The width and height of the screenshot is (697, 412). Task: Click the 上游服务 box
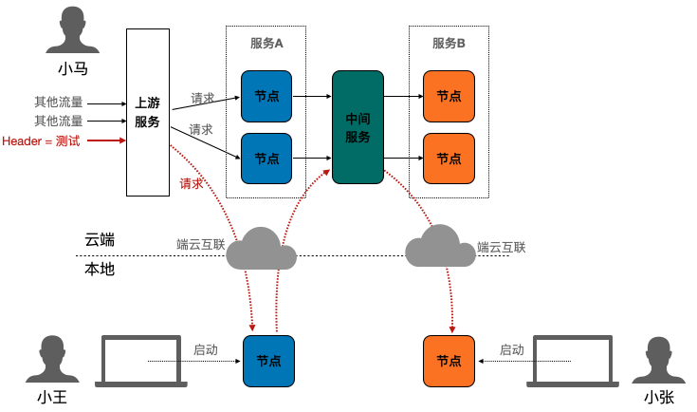(x=147, y=113)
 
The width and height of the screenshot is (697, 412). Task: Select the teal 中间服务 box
(x=358, y=126)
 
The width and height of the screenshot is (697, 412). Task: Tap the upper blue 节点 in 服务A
(x=266, y=96)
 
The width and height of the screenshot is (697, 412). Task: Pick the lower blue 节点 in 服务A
(x=266, y=159)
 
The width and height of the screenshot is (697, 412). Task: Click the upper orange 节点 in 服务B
(x=449, y=96)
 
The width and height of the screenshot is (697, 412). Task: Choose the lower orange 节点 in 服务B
(x=449, y=159)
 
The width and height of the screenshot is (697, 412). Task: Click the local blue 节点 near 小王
(x=268, y=361)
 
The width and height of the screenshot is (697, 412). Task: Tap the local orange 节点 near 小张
(x=449, y=361)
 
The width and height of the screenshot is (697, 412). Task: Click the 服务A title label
(x=266, y=44)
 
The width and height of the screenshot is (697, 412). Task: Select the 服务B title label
(x=449, y=44)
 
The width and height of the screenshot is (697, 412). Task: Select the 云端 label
(x=100, y=239)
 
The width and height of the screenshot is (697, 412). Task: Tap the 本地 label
(x=100, y=269)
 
